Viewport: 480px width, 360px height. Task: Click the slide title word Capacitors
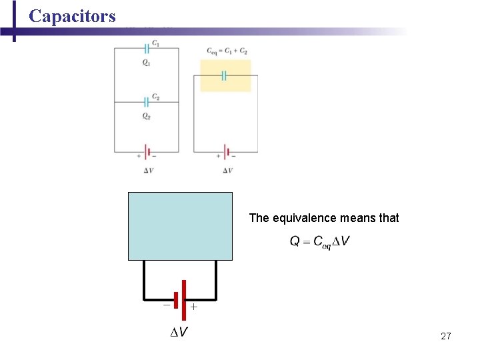coord(72,16)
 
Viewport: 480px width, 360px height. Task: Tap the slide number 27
coord(446,336)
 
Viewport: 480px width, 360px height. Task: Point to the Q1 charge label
coord(146,63)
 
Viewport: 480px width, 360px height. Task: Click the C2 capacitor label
coord(155,97)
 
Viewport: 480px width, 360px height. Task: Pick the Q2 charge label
coord(146,116)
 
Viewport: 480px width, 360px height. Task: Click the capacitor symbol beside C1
coord(146,48)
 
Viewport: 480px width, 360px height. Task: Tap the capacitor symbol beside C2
coord(146,102)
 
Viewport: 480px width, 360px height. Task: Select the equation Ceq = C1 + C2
coord(227,51)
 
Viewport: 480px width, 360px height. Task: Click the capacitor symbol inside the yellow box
coord(225,75)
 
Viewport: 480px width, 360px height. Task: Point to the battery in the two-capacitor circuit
coord(147,152)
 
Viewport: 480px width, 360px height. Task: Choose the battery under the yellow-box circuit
coord(226,152)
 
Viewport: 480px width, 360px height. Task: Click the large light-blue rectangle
coord(180,226)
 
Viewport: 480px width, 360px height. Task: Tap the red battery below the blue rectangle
coord(179,299)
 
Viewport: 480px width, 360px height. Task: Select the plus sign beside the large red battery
coord(194,307)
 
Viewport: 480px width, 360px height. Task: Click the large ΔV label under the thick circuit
coord(177,332)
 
